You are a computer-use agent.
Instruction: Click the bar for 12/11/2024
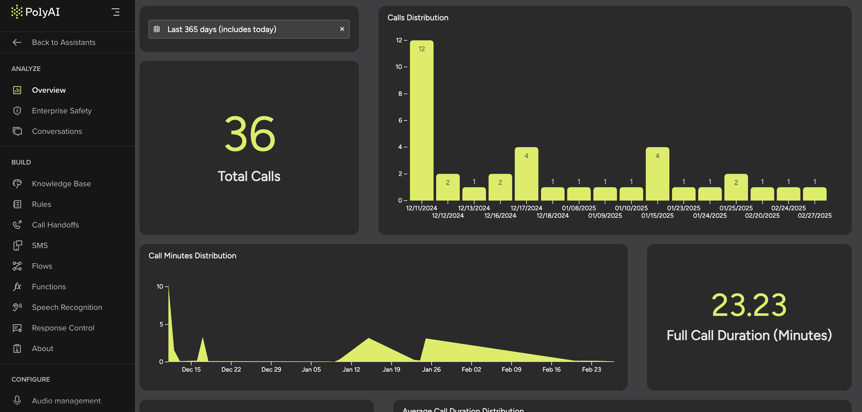(x=421, y=120)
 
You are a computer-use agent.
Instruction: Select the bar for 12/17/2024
(x=526, y=174)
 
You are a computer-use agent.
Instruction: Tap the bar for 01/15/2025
(x=657, y=174)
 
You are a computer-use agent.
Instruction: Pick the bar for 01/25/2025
(x=736, y=188)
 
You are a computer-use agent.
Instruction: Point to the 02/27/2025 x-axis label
(x=815, y=215)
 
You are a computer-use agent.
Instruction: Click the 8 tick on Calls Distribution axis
(x=400, y=94)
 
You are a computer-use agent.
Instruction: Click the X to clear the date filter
(x=342, y=29)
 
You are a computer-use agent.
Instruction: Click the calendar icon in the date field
(x=157, y=29)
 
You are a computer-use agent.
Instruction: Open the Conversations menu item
(x=57, y=131)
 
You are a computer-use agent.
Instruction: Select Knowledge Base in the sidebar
(x=61, y=184)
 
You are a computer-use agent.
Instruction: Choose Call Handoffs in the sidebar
(x=55, y=225)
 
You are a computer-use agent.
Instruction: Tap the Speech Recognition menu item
(x=67, y=307)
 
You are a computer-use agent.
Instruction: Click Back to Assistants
(x=63, y=42)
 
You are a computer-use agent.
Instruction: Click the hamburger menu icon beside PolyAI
(x=115, y=12)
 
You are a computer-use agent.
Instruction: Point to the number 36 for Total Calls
(x=249, y=134)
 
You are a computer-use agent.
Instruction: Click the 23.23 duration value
(x=749, y=305)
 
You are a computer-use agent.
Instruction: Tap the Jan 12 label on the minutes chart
(x=351, y=369)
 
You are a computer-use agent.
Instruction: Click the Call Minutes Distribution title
(x=192, y=255)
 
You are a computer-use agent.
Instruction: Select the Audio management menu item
(x=66, y=401)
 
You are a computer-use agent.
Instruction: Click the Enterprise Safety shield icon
(x=17, y=110)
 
